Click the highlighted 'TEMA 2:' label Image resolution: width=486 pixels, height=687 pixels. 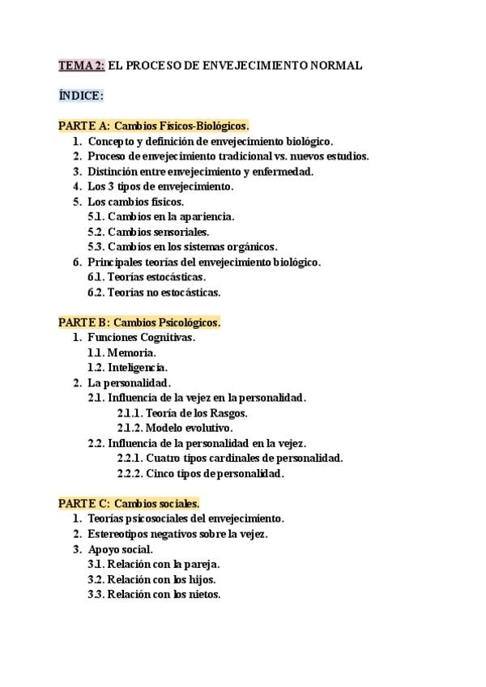pyautogui.click(x=82, y=66)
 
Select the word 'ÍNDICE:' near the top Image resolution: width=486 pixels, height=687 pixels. pyautogui.click(x=81, y=96)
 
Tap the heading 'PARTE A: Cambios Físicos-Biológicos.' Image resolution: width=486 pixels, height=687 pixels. pyautogui.click(x=153, y=126)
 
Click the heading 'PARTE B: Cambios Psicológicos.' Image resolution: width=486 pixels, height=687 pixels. pyautogui.click(x=139, y=322)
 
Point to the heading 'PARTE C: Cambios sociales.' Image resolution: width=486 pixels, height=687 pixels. pyautogui.click(x=129, y=503)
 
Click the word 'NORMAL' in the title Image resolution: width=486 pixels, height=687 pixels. pyautogui.click(x=332, y=66)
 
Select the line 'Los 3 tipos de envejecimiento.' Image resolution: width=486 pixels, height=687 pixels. pyautogui.click(x=160, y=186)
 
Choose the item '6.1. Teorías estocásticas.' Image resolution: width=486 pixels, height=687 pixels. pyautogui.click(x=147, y=277)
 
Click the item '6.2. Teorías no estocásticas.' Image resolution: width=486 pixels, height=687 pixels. pyautogui.click(x=154, y=292)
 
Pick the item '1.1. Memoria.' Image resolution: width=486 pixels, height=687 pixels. pyautogui.click(x=122, y=352)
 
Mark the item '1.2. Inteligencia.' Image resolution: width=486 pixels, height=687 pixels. pyautogui.click(x=127, y=368)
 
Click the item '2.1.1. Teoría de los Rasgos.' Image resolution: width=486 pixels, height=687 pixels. pyautogui.click(x=182, y=413)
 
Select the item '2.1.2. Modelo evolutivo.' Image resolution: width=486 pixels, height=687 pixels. pyautogui.click(x=174, y=428)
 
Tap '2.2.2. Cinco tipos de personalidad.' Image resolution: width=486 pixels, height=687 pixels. pyautogui.click(x=200, y=473)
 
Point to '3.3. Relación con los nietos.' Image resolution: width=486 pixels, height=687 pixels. pyautogui.click(x=154, y=594)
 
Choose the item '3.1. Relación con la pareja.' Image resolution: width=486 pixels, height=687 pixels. pyautogui.click(x=154, y=564)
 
